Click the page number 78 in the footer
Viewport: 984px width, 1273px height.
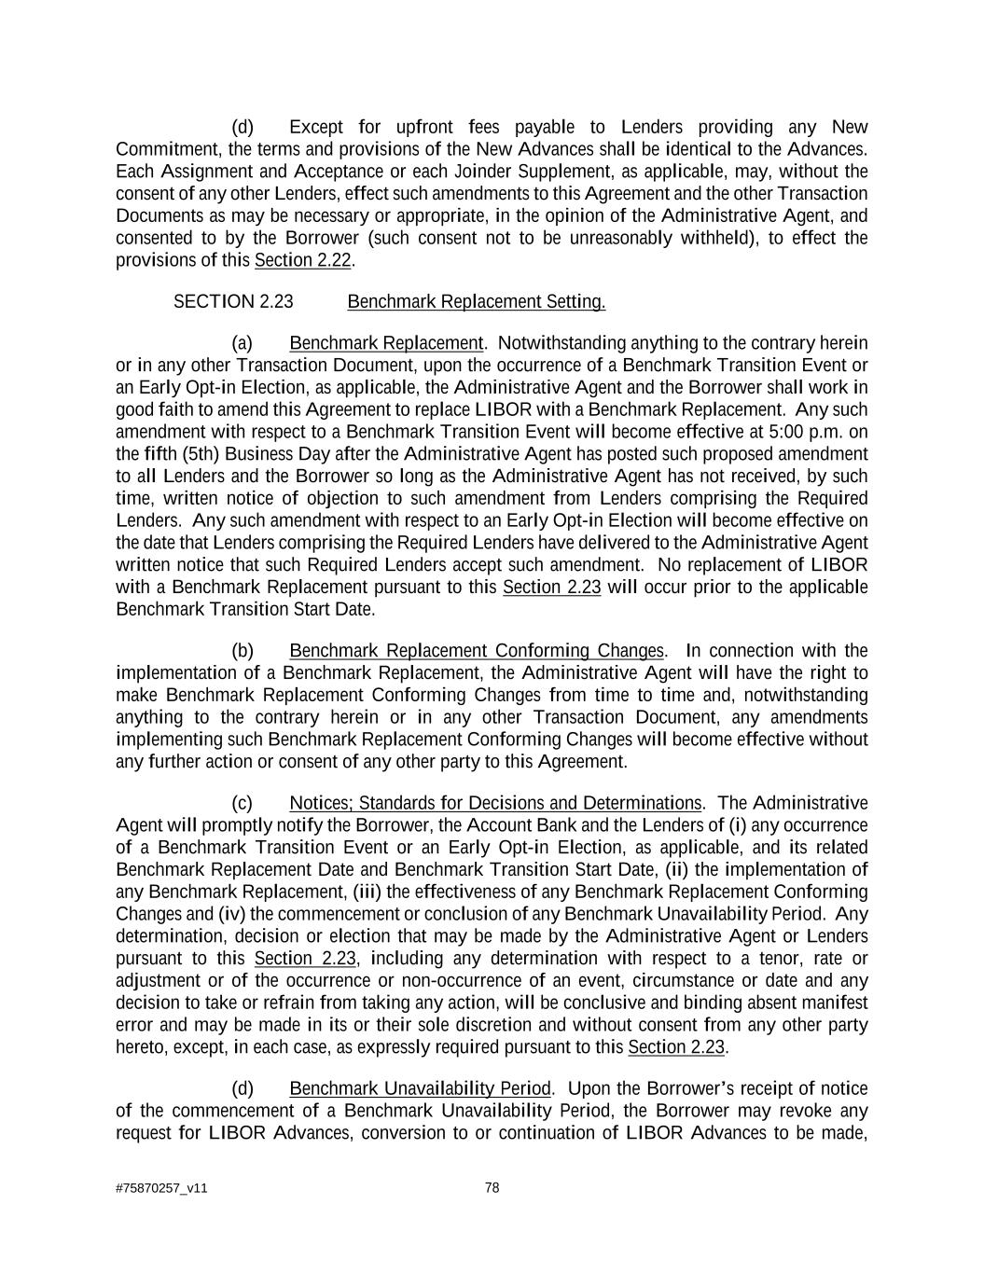492,1187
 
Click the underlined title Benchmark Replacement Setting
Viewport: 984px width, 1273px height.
476,301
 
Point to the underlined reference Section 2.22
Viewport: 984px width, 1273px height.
302,259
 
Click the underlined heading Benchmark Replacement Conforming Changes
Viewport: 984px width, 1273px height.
477,650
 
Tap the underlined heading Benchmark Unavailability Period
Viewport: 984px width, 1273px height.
420,1088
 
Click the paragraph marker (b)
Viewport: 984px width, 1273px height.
243,650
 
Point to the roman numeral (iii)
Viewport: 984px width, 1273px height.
367,892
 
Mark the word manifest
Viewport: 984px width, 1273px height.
834,1003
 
